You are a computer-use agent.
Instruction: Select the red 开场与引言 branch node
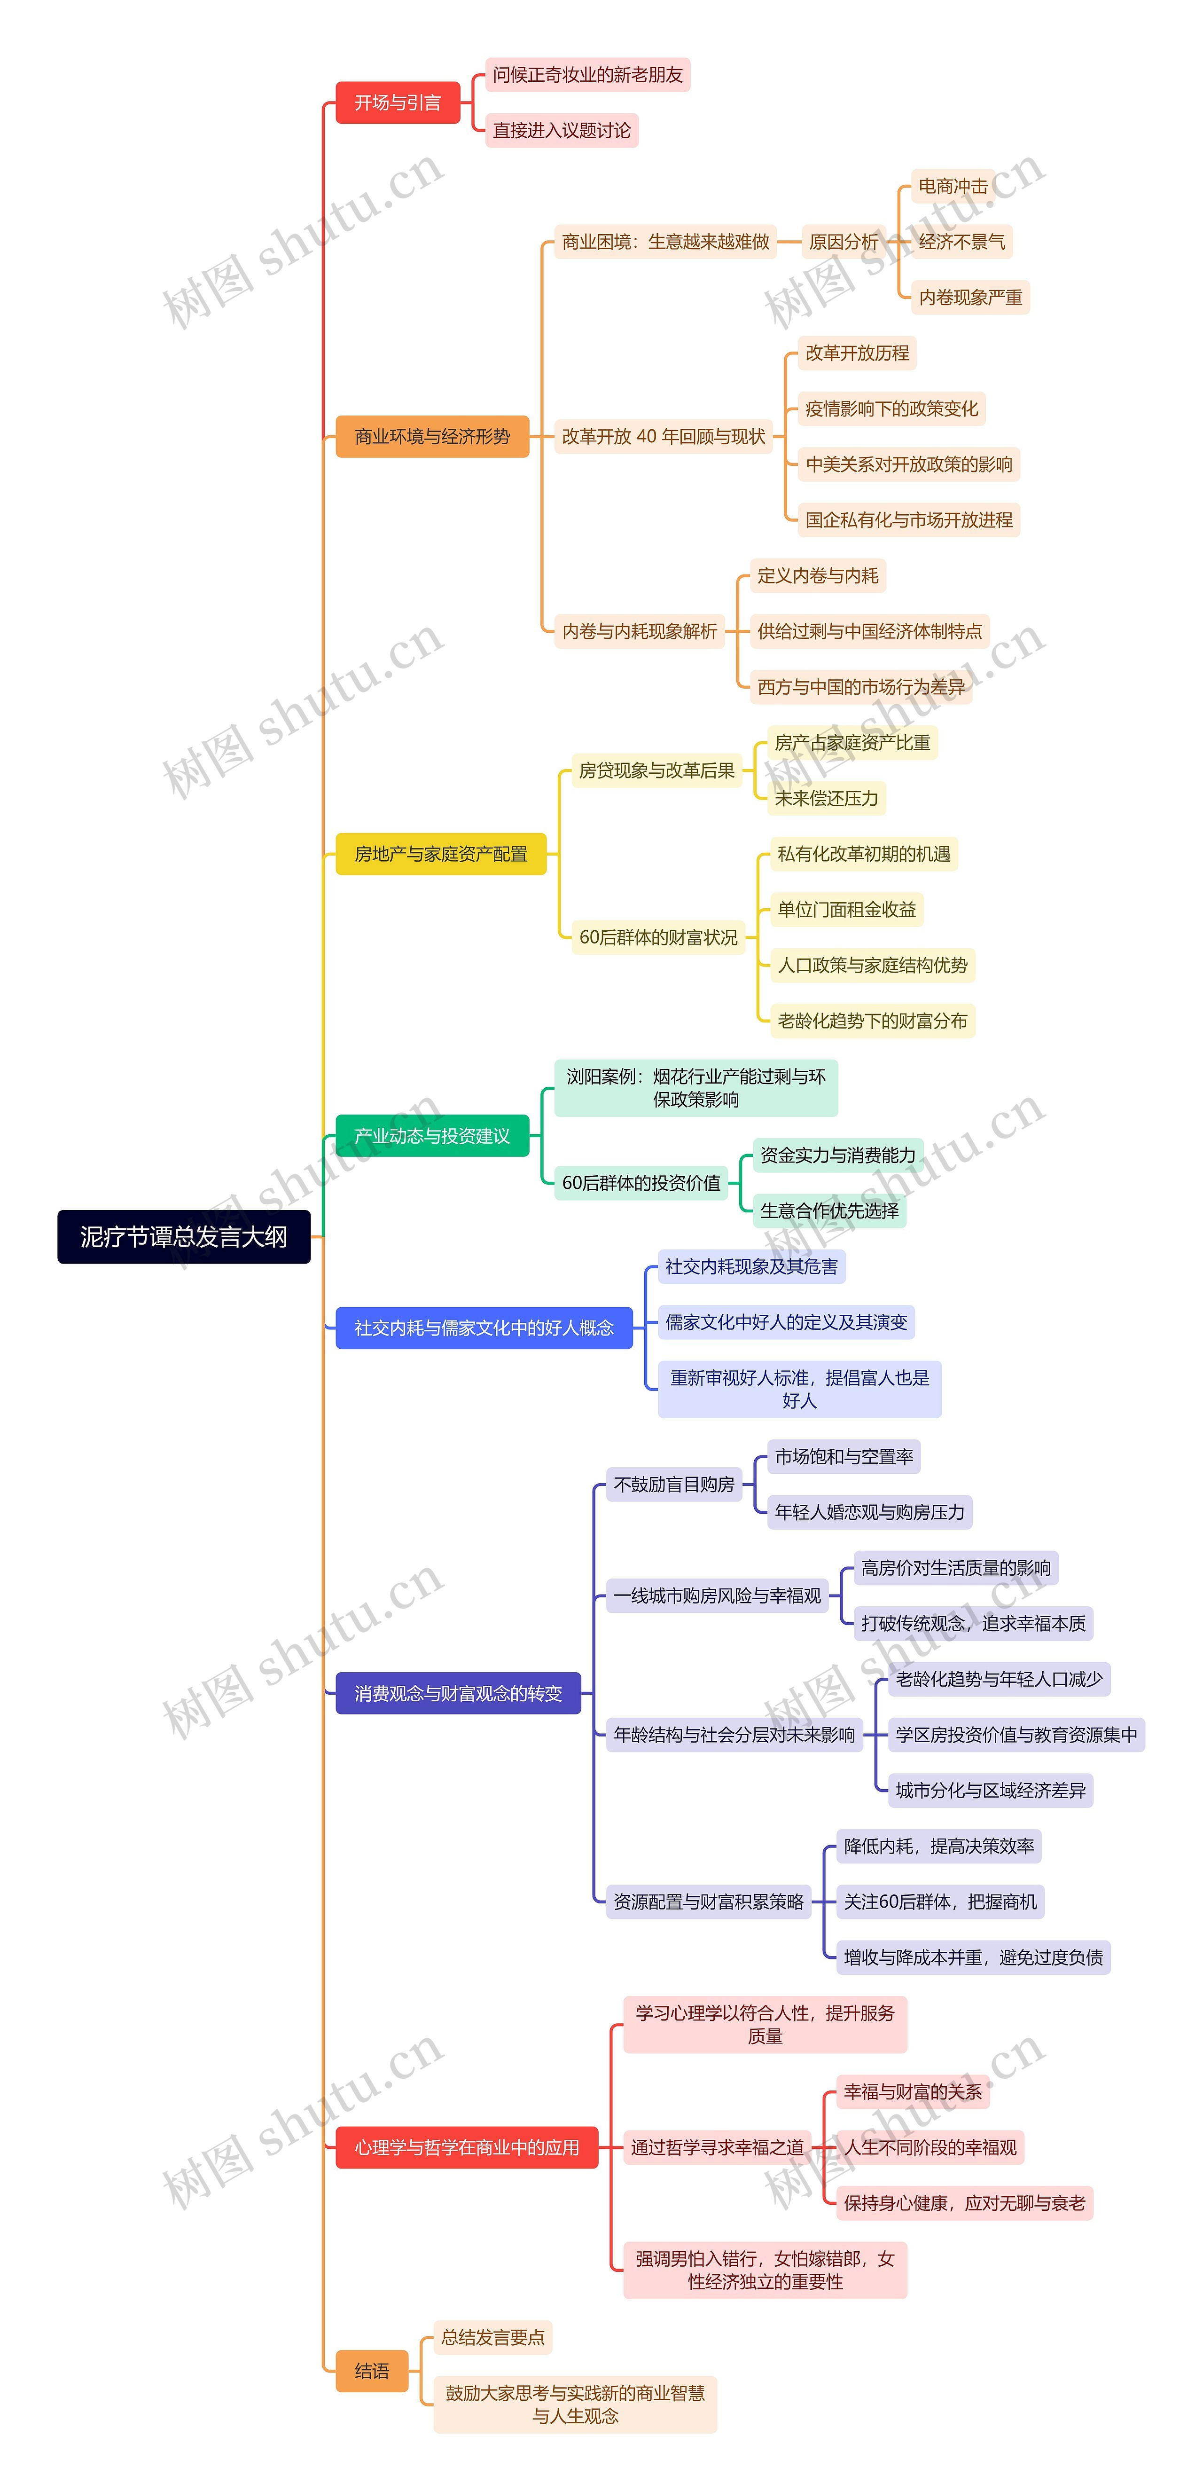[x=398, y=102]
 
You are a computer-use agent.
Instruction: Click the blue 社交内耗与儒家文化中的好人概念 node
[x=484, y=1328]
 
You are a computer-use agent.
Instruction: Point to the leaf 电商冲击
[x=953, y=186]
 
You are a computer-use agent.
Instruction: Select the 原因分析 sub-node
[x=843, y=242]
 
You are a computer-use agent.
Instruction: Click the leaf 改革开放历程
[x=857, y=353]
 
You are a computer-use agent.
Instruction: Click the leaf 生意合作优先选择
[x=829, y=1210]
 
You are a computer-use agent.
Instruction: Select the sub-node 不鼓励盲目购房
[x=674, y=1485]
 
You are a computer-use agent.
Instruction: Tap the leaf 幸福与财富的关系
[x=912, y=2091]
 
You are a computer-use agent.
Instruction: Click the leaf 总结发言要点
[x=492, y=2337]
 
